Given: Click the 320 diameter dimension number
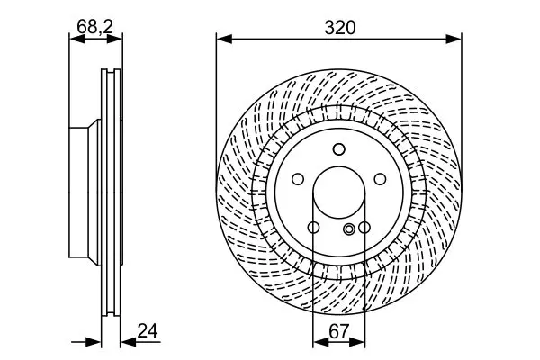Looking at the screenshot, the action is tap(339, 27).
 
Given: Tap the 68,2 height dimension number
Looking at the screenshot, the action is tap(94, 26).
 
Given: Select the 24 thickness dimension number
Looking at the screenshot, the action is tap(148, 330).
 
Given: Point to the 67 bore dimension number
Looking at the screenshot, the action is tap(339, 332).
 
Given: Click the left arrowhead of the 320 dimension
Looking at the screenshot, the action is tap(224, 39).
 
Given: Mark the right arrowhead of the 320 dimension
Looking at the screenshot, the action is tap(454, 39).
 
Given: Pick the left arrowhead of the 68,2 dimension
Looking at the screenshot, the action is tap(77, 39).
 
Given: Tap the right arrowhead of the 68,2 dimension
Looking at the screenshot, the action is tap(114, 39).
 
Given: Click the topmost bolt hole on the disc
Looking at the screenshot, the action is tap(339, 149).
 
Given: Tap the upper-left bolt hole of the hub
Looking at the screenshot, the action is tap(298, 179).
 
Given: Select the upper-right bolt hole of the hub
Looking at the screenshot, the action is tap(380, 179).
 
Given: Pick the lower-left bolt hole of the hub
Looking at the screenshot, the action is tap(313, 228).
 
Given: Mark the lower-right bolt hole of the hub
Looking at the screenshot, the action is tap(364, 228).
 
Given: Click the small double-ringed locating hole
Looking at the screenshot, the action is tap(349, 229).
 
